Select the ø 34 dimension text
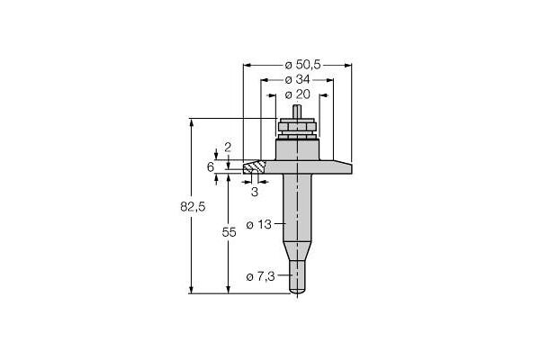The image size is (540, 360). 298,79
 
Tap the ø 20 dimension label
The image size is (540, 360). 298,94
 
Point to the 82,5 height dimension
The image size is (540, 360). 193,207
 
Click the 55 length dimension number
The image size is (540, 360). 229,232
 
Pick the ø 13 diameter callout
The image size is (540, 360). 259,225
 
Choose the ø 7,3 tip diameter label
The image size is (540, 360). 261,276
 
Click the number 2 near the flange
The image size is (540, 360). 228,148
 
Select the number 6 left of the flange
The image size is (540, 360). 211,167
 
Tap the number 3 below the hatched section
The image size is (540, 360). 255,192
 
